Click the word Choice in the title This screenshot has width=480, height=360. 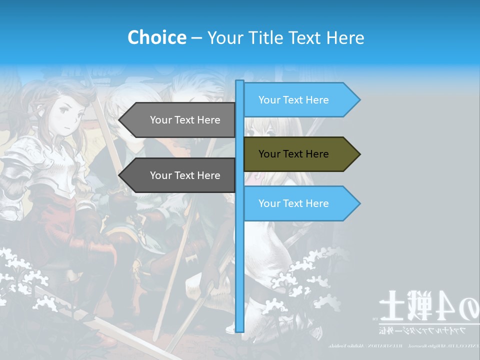[x=156, y=37]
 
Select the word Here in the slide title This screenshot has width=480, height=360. [x=345, y=37]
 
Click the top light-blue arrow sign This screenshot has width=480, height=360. [x=300, y=100]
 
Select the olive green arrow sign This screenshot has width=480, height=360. [x=300, y=154]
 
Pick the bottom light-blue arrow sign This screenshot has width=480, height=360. [x=300, y=203]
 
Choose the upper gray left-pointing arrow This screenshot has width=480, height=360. [x=180, y=120]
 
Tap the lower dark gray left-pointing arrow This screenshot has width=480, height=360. [x=180, y=175]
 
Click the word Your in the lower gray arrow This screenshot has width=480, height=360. [x=160, y=175]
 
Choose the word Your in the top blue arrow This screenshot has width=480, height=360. [x=269, y=100]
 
